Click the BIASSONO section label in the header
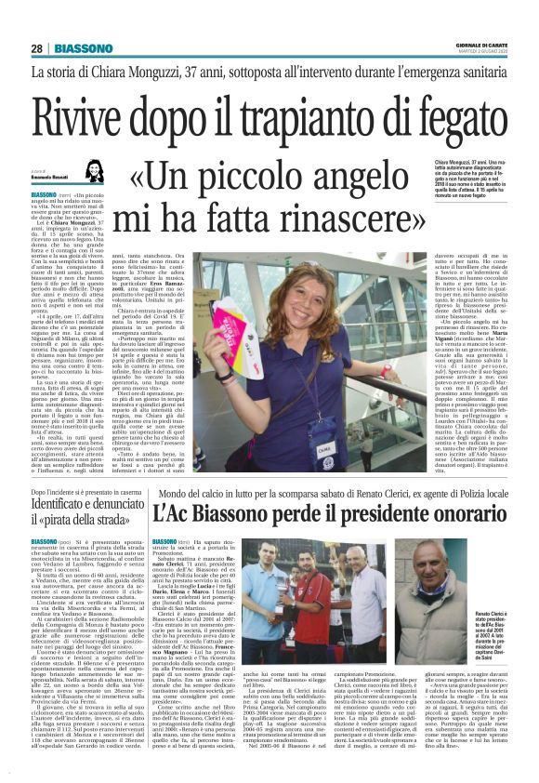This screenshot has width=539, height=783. click(x=83, y=48)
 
